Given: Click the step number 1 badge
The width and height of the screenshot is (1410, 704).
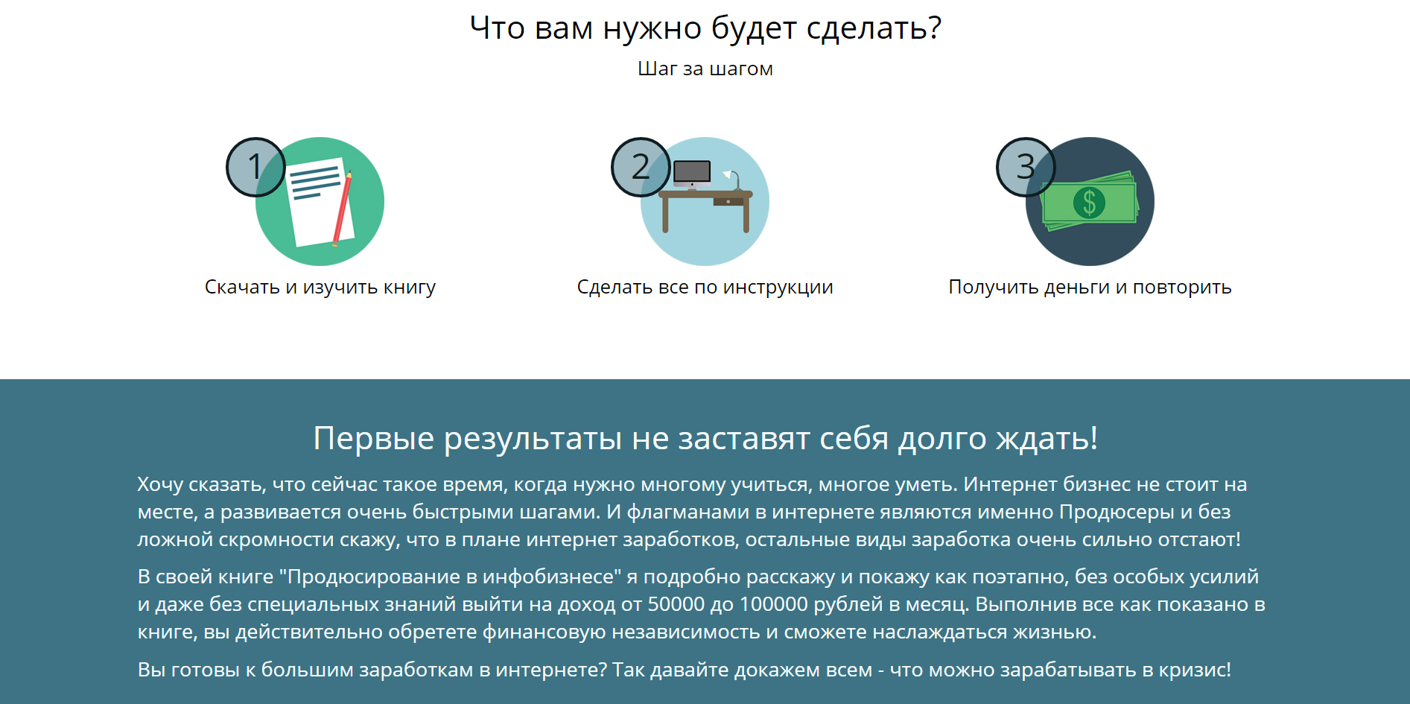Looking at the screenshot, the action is coord(255,167).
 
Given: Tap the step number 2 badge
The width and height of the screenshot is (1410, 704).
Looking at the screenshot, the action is coord(641,167).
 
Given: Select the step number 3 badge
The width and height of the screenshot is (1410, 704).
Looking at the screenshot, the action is coord(1026,167).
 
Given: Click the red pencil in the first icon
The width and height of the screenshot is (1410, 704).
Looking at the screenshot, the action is coord(342,209).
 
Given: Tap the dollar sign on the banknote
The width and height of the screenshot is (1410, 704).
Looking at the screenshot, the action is coord(1089,202).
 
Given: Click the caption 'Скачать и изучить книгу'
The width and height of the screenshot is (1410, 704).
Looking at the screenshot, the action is coord(320,288).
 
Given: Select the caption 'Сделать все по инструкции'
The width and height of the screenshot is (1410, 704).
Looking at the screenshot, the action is coord(705,288).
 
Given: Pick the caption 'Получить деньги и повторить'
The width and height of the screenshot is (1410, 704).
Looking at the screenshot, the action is coord(1090,288).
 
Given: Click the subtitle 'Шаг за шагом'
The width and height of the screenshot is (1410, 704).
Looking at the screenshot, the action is coord(705,69).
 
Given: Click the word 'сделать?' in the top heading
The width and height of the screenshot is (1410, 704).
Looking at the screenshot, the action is coord(874,29).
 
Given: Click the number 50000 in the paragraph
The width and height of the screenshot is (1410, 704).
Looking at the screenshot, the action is coord(676,604).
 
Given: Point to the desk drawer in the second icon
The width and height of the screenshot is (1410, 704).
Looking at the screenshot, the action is coord(728,201).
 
